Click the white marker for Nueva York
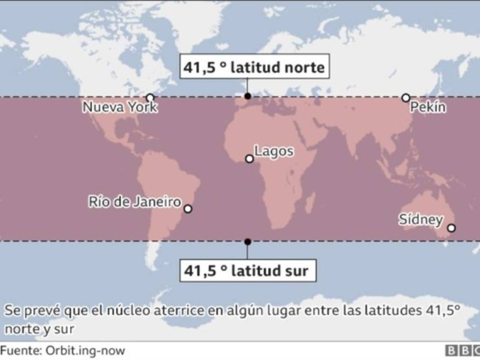[150, 98]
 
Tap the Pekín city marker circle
[406, 98]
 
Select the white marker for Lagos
[249, 159]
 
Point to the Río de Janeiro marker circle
[188, 209]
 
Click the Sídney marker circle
[451, 228]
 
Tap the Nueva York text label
[120, 107]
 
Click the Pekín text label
[428, 107]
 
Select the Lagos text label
[274, 151]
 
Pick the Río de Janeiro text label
[135, 202]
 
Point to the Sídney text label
[420, 220]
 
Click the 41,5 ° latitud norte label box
[254, 67]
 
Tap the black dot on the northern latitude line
[248, 96]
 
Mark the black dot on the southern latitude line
[248, 242]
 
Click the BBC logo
[462, 351]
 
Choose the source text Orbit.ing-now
[84, 351]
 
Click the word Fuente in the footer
[19, 351]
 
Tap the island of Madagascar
[309, 202]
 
